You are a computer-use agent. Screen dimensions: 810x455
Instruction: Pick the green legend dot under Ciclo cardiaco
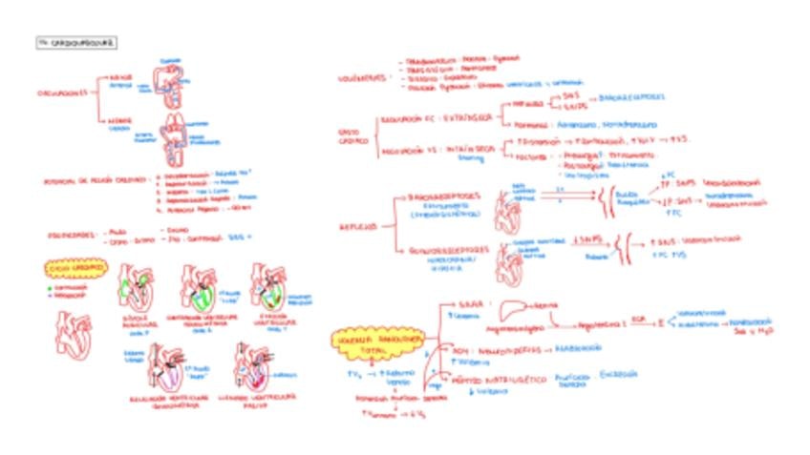(50, 286)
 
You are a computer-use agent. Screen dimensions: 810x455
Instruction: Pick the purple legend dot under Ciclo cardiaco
(50, 295)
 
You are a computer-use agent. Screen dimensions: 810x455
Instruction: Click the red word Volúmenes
(362, 77)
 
